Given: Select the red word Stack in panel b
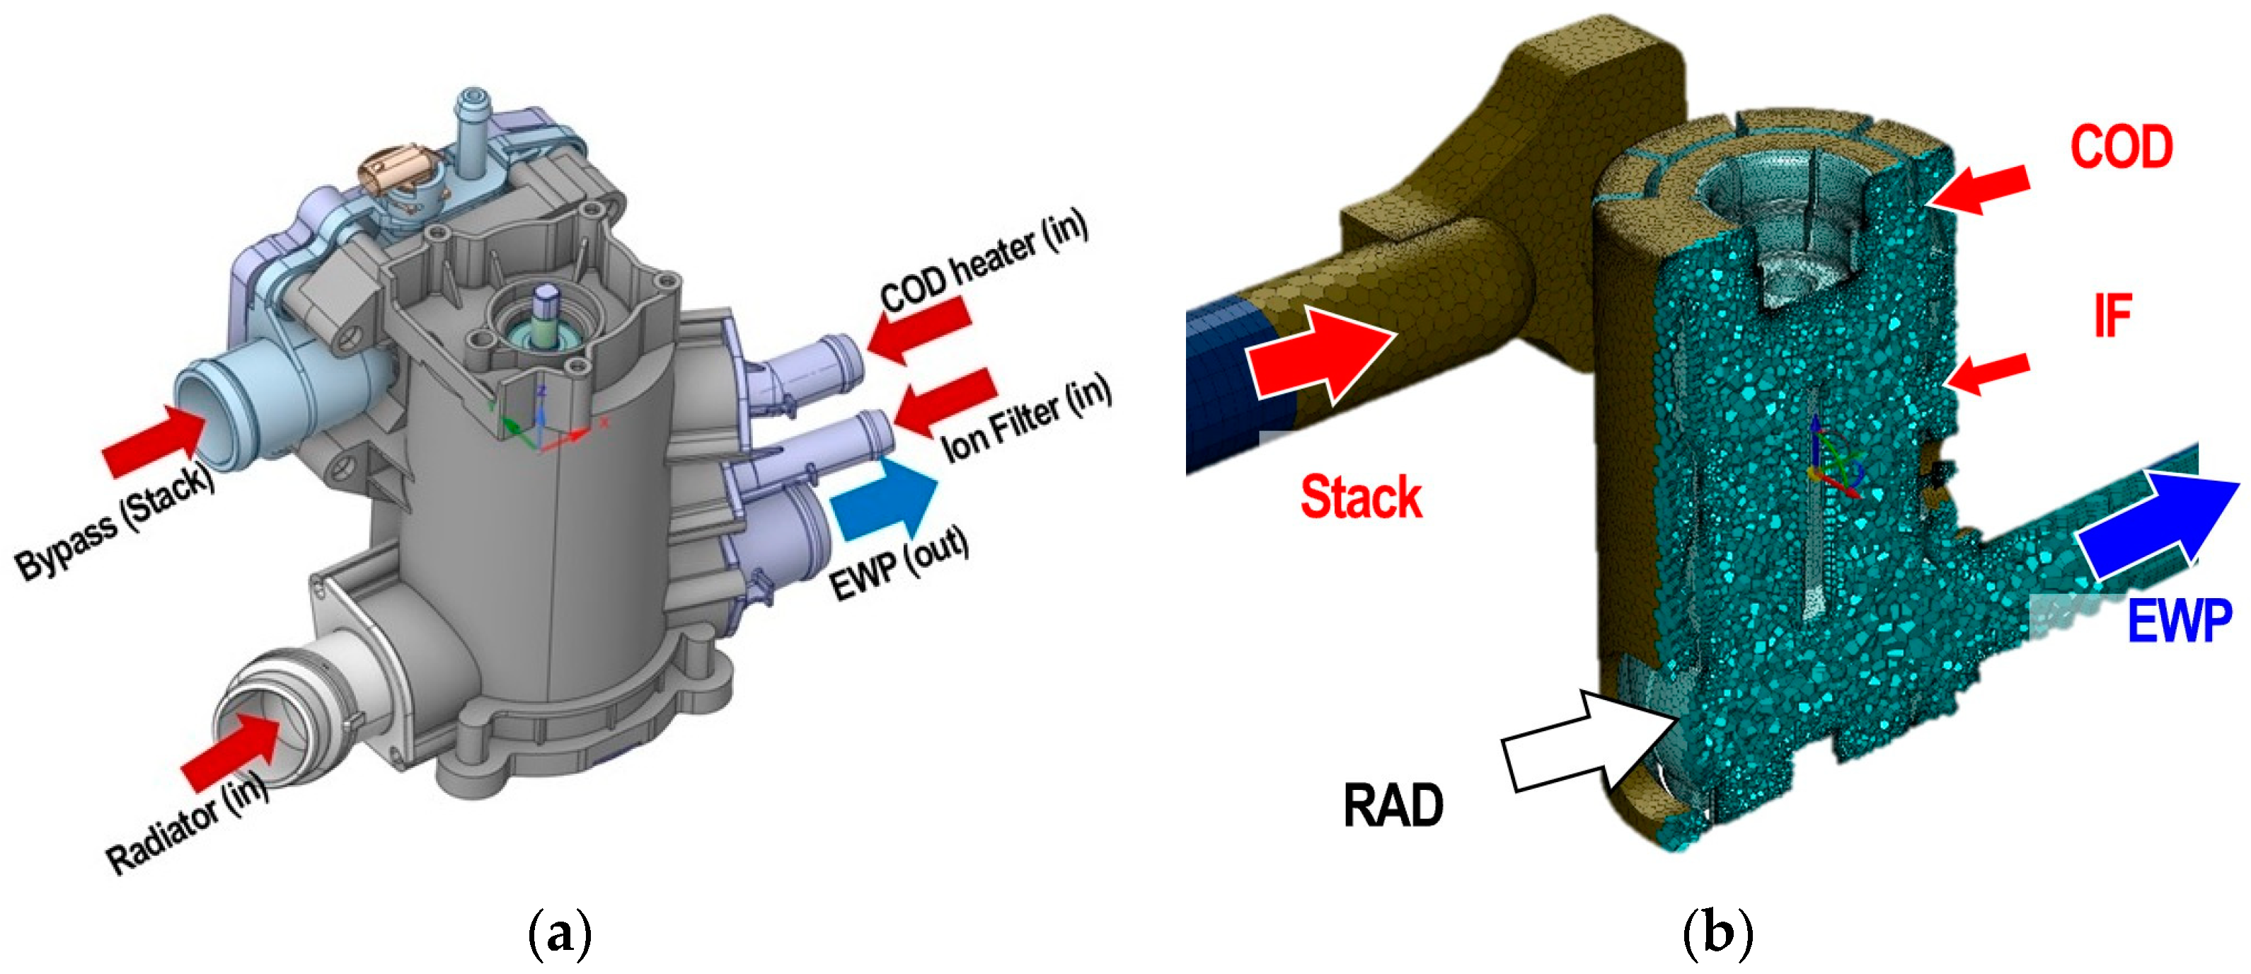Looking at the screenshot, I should (x=1361, y=498).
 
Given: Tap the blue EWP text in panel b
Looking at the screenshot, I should (x=2179, y=621).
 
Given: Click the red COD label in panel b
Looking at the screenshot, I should (x=2121, y=147).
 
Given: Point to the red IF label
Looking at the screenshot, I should (x=2112, y=316).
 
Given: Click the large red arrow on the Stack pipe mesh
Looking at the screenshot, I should (x=1320, y=354).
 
